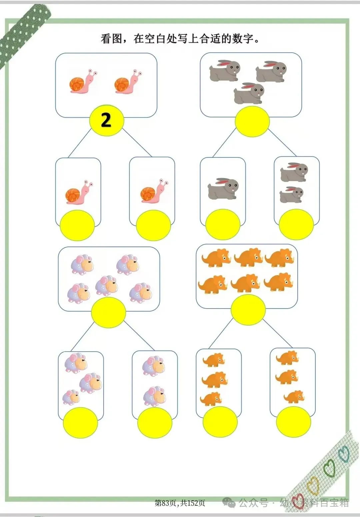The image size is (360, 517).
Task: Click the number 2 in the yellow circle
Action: tap(106, 120)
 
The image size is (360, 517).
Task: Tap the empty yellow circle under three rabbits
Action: tap(252, 121)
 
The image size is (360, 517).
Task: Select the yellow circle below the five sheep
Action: tap(108, 313)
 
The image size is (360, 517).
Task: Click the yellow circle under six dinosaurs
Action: tap(248, 310)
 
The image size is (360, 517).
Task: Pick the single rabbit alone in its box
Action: tap(223, 188)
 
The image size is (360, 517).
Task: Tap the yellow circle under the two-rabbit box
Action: tap(296, 224)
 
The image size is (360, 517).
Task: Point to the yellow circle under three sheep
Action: tap(80, 422)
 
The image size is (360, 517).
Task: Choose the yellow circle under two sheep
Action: tap(155, 423)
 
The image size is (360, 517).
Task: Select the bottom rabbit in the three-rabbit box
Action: tap(249, 93)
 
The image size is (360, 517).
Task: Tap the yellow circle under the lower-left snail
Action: tap(77, 225)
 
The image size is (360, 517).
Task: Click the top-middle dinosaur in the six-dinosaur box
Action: tap(248, 258)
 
